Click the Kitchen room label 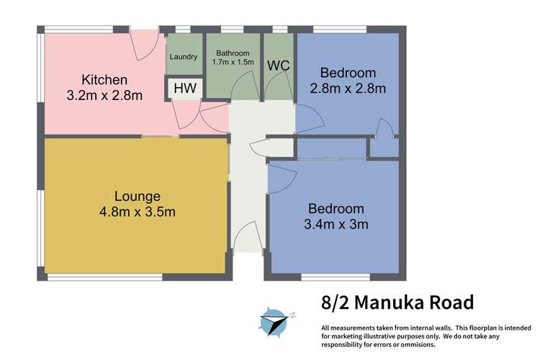(x=104, y=79)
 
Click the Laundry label (x=184, y=57)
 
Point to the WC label (x=279, y=66)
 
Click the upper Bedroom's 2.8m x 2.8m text (x=348, y=89)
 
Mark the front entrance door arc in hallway (x=248, y=235)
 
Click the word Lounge (x=137, y=196)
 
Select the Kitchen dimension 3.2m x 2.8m (x=104, y=94)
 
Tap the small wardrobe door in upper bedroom (x=385, y=130)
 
